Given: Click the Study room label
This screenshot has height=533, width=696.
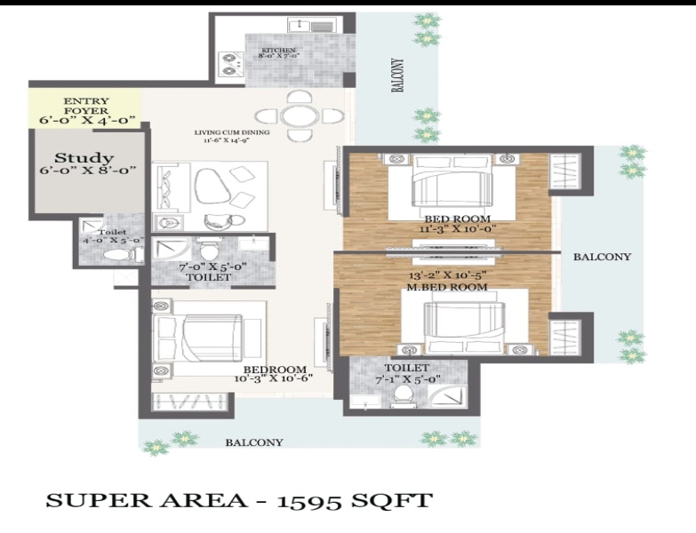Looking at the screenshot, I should pos(89,159).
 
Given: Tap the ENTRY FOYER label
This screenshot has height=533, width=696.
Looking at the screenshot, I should pos(86,101).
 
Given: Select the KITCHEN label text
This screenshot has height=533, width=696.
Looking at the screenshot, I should pos(278,50).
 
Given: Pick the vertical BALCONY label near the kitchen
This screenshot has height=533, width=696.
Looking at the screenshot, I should pos(398,76).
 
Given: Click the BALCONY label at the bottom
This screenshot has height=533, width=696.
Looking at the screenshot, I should pos(253,442).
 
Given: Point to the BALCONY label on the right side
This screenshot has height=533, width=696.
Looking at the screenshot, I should pos(601,257).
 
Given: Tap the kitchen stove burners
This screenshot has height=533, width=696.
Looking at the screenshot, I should pos(231,62).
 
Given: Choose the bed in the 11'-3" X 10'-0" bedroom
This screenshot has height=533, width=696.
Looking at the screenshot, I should pos(450,186).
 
